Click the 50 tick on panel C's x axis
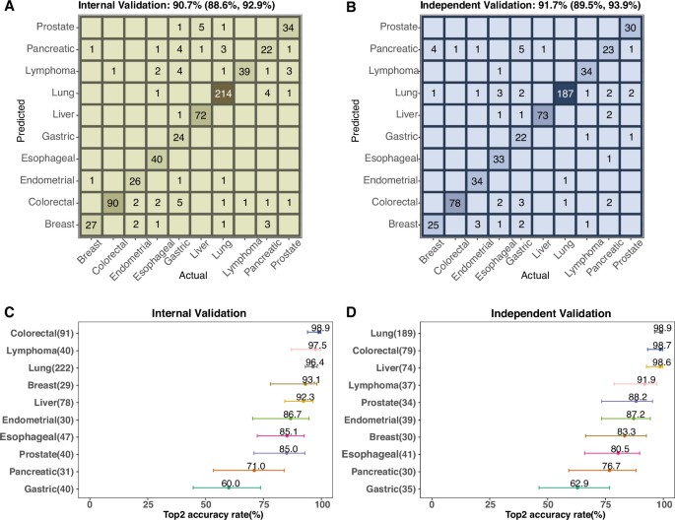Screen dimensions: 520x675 click(205, 504)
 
